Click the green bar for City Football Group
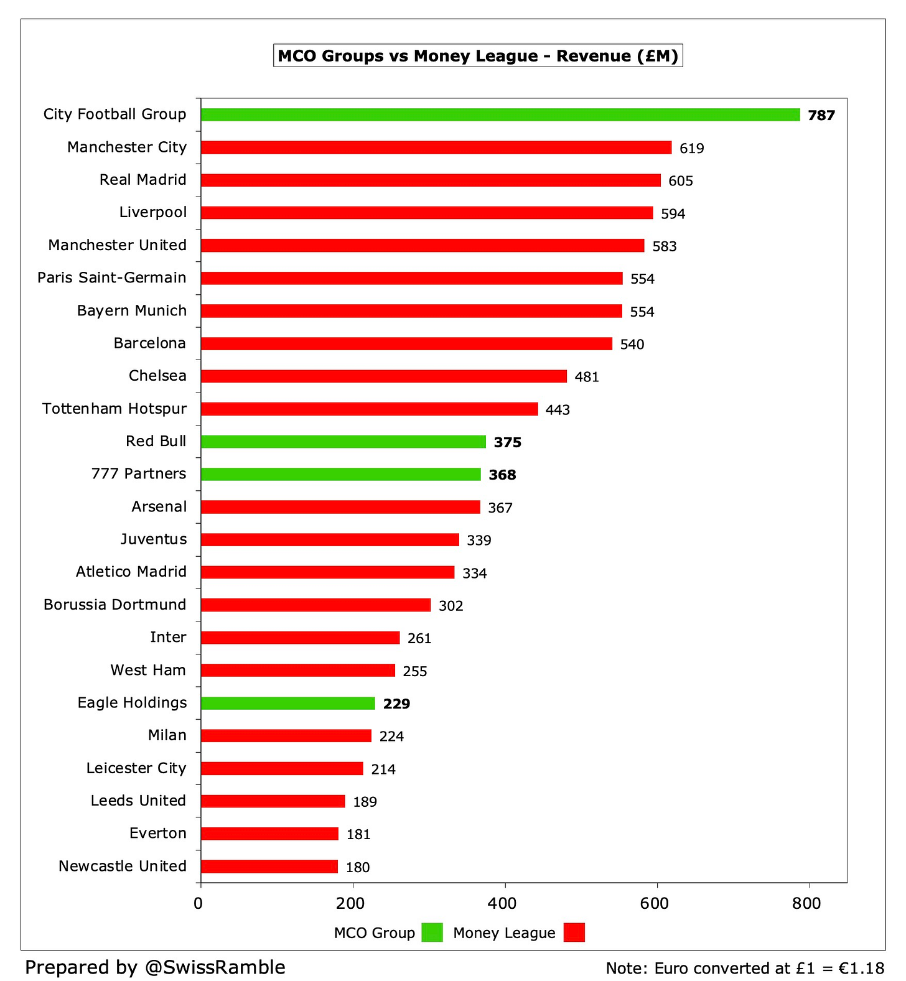point(500,115)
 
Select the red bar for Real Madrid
point(431,180)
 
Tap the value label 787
point(821,116)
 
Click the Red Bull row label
point(156,441)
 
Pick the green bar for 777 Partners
point(341,475)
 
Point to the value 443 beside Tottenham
point(558,410)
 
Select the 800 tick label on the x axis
point(806,903)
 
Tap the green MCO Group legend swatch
point(432,932)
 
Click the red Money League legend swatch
point(574,932)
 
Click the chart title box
point(478,56)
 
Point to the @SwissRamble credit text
point(155,967)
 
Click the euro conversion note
point(745,968)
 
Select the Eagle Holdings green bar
point(288,704)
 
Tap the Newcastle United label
point(123,866)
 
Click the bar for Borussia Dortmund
point(315,605)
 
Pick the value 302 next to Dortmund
point(451,606)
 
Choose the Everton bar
point(269,834)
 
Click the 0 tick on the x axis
point(198,903)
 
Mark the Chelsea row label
point(157,376)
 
